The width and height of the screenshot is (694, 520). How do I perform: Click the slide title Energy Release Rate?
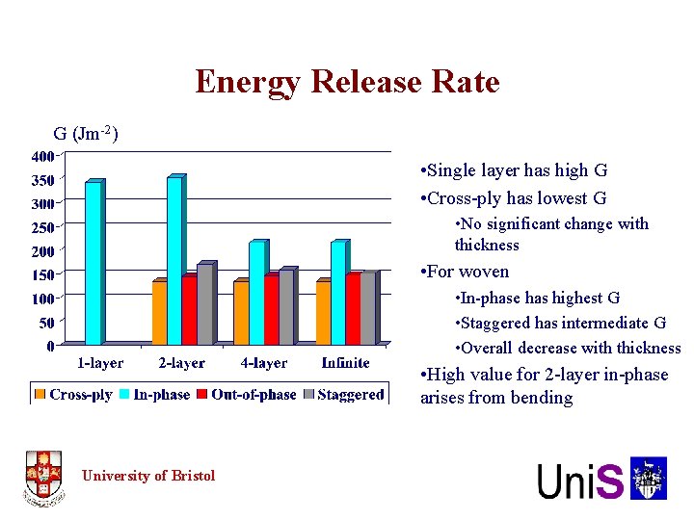347,82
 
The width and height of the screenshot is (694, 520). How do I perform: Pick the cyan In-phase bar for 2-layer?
174,260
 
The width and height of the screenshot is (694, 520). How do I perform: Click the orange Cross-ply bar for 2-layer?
159,312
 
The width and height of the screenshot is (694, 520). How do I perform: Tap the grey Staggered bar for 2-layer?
204,303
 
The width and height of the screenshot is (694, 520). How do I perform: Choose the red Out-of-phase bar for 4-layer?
271,309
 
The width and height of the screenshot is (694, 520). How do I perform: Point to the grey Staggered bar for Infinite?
367,308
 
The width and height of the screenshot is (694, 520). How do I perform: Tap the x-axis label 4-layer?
263,363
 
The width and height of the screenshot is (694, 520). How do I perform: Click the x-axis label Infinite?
345,363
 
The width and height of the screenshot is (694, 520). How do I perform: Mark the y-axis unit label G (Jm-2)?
86,134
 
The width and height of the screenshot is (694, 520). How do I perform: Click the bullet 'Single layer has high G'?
514,170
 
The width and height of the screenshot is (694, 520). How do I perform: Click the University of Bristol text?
148,475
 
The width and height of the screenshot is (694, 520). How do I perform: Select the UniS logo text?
581,481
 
